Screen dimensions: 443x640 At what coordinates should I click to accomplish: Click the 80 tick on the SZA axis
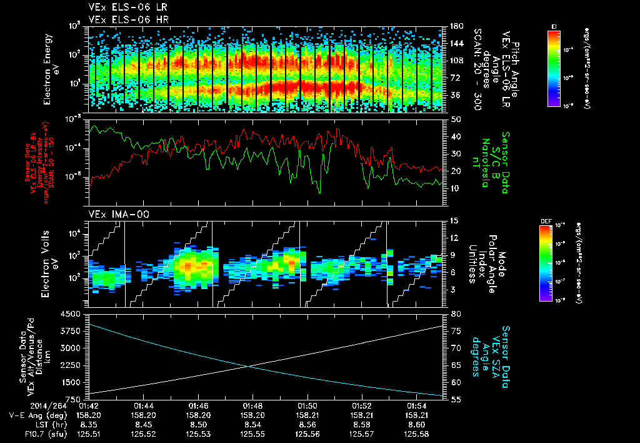[456, 313]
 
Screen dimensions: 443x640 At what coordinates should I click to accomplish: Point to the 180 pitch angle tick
[456, 26]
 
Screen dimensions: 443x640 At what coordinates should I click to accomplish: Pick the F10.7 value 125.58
[416, 433]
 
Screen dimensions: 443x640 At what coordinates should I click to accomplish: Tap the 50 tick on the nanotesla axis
[456, 119]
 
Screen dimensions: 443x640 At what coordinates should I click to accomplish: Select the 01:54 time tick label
[416, 405]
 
